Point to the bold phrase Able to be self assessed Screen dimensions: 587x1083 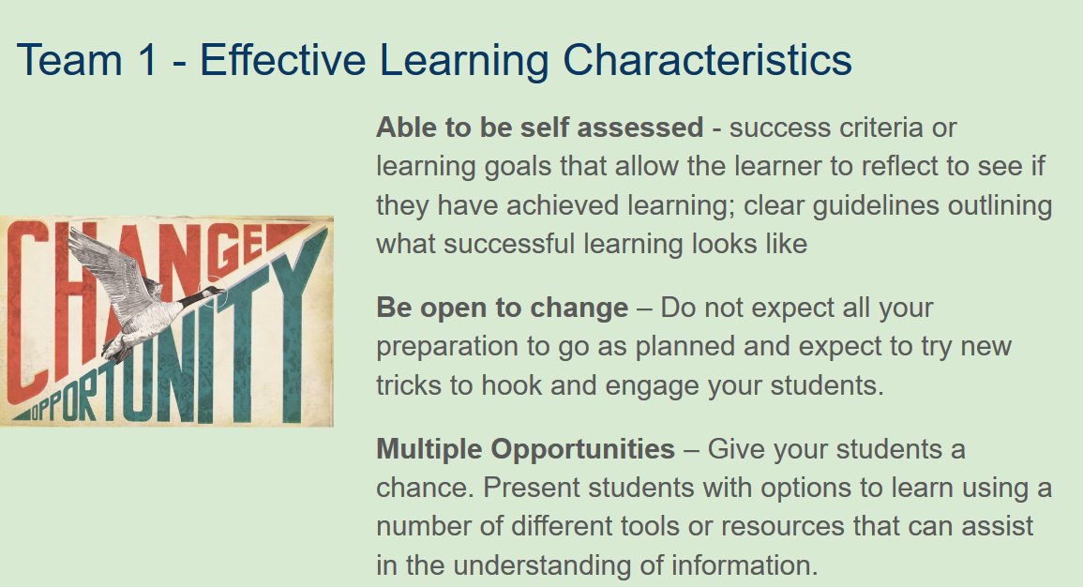(x=539, y=127)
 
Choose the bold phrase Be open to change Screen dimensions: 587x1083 (x=502, y=308)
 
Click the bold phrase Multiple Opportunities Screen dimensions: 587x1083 (x=525, y=449)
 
